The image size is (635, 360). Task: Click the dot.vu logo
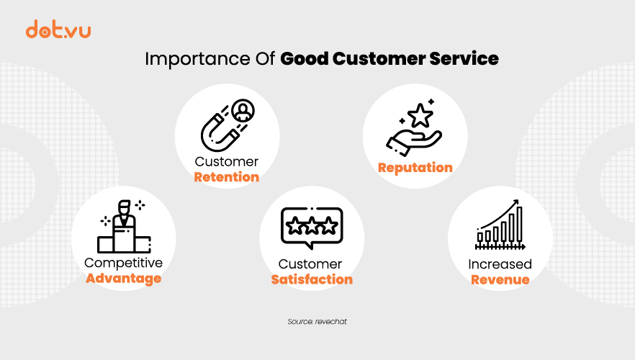click(x=58, y=29)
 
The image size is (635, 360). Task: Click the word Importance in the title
click(x=197, y=60)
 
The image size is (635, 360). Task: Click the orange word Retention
click(x=226, y=177)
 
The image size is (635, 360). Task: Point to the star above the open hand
click(x=420, y=115)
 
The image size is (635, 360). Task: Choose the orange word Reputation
click(x=415, y=168)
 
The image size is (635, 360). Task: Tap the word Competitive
click(x=124, y=264)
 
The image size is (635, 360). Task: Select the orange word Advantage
click(x=124, y=279)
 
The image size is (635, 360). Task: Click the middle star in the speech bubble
click(x=312, y=226)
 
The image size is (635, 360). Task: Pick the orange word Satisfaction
click(x=312, y=279)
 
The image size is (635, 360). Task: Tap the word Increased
click(x=500, y=264)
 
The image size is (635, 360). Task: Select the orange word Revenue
click(x=500, y=280)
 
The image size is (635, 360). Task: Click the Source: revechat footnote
click(x=317, y=322)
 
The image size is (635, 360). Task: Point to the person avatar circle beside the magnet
click(x=243, y=111)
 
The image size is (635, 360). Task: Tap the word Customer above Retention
click(x=226, y=161)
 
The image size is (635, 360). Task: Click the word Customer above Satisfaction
click(x=310, y=264)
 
